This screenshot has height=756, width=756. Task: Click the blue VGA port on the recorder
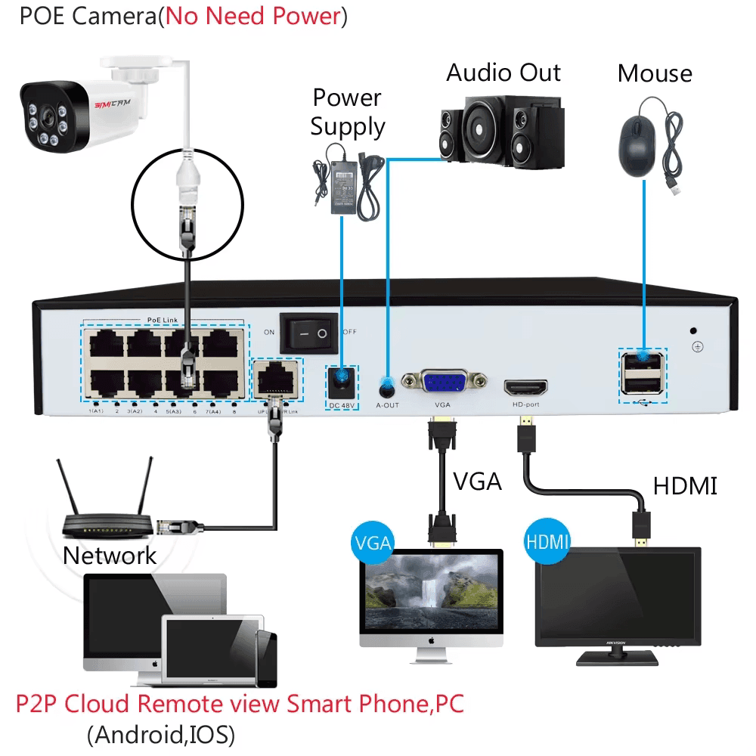click(443, 382)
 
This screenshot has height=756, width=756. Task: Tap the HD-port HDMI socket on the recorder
click(525, 388)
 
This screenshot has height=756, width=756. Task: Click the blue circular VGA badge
click(373, 543)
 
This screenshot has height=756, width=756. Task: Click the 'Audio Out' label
click(503, 73)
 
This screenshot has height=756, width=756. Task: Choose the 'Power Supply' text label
click(347, 112)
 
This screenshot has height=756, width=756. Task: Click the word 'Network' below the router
click(109, 556)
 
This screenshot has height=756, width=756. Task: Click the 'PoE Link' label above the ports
click(164, 322)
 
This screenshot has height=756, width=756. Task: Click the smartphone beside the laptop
click(266, 658)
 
